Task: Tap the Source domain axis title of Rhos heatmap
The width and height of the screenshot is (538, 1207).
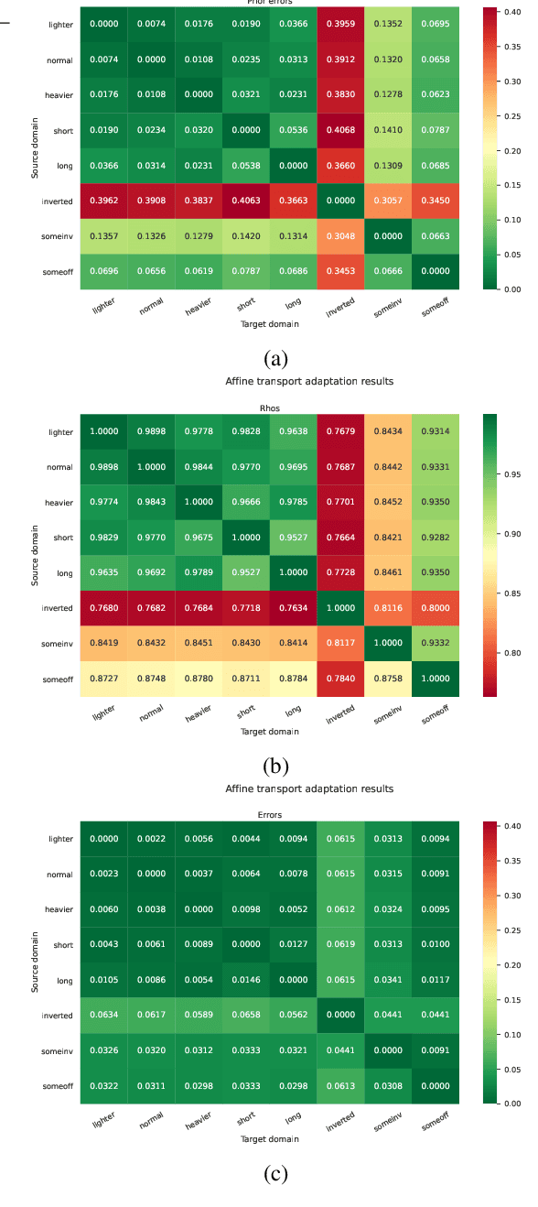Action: click(36, 555)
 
